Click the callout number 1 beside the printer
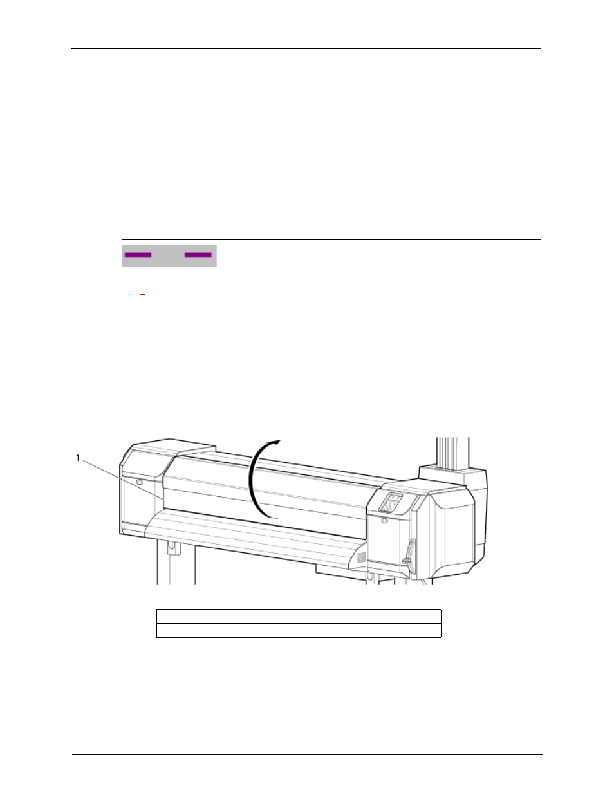(x=77, y=458)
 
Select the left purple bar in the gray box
(x=138, y=255)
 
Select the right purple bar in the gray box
(x=198, y=255)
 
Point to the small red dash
(x=142, y=295)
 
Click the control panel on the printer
(x=391, y=503)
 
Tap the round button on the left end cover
(x=139, y=482)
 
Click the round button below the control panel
(x=384, y=520)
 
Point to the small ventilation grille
(x=360, y=557)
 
